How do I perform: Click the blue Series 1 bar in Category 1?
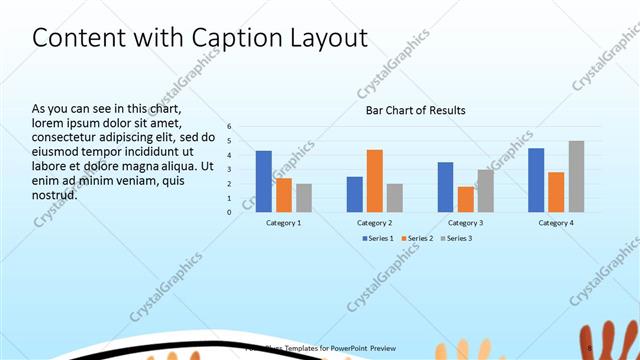[x=263, y=181]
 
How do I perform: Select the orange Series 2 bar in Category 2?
[x=375, y=181]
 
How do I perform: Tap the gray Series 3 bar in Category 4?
[x=576, y=176]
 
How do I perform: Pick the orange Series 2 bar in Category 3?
[x=466, y=199]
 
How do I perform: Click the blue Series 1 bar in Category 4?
[x=536, y=180]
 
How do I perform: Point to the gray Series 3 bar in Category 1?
[x=304, y=198]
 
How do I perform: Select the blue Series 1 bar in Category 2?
[x=355, y=194]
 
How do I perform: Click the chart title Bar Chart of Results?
[x=415, y=110]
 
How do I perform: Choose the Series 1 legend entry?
[x=378, y=238]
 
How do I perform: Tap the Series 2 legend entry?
[x=417, y=238]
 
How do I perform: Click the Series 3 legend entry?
[x=456, y=238]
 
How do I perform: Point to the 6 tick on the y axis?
[x=229, y=127]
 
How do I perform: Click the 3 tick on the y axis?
[x=229, y=170]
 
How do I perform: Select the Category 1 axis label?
[x=284, y=222]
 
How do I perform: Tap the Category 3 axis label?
[x=466, y=222]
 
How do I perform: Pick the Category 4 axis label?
[x=557, y=222]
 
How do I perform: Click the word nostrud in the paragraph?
[x=55, y=194]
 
